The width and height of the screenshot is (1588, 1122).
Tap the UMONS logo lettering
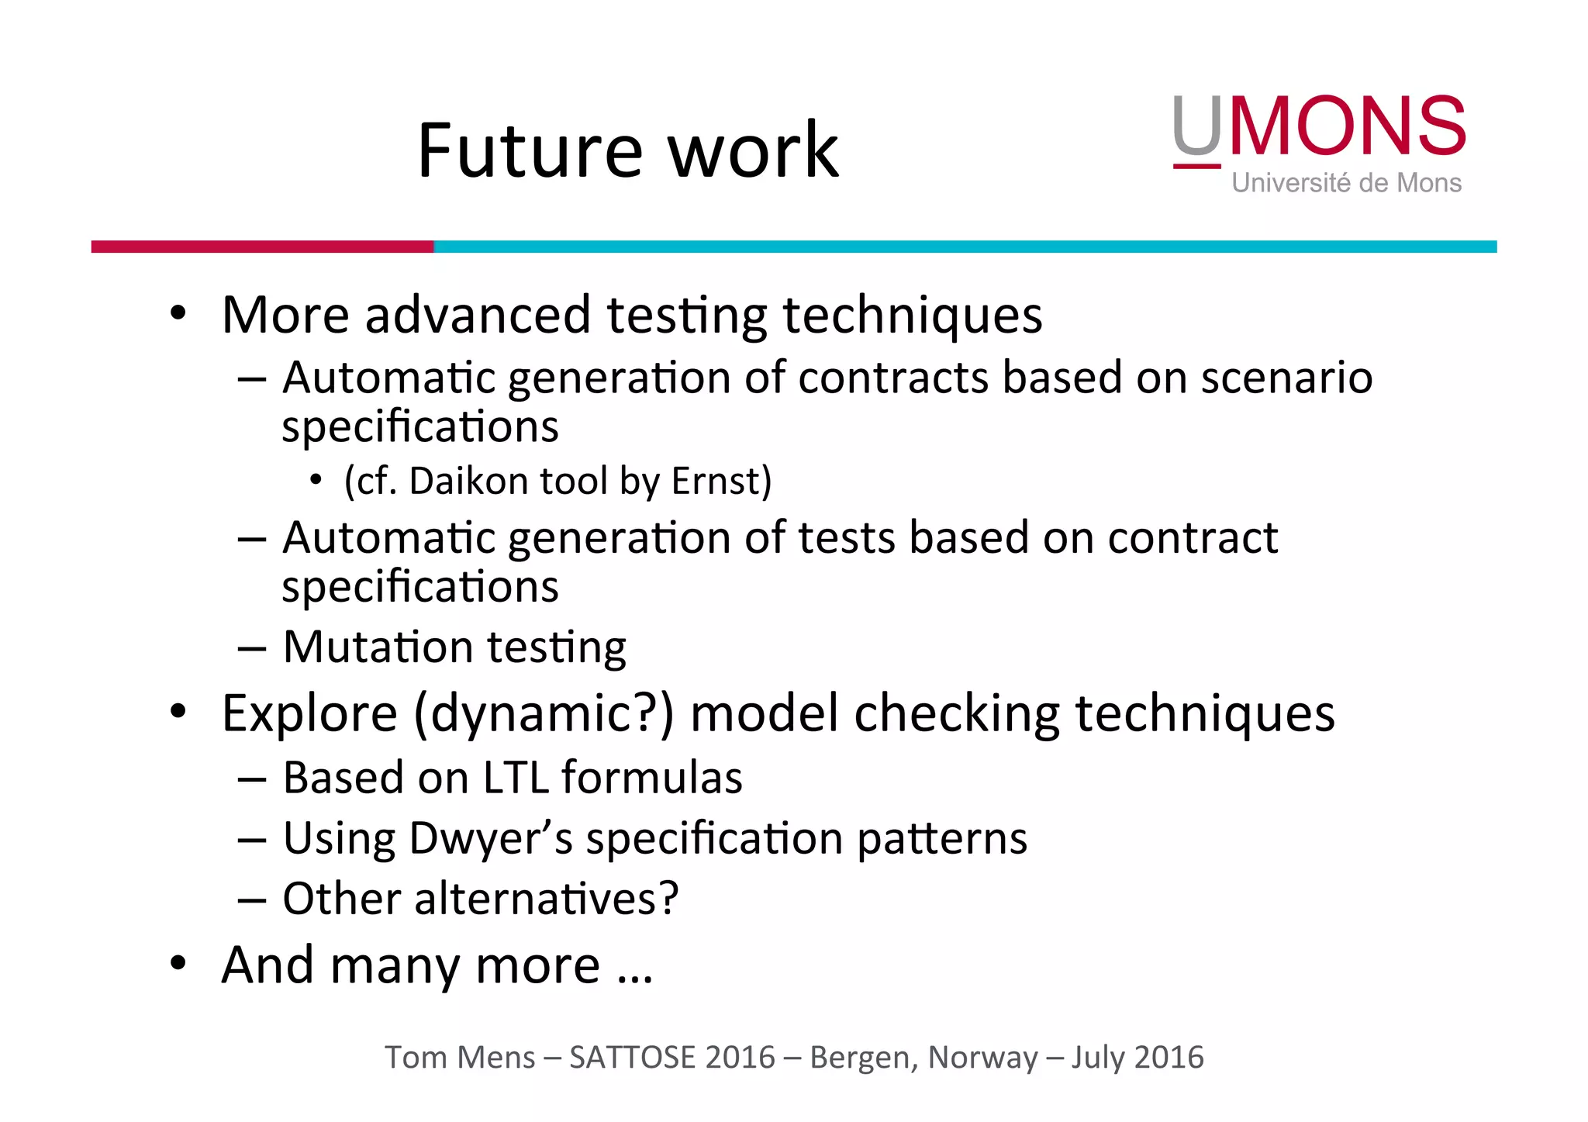click(x=1319, y=126)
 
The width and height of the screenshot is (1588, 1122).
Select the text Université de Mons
click(x=1346, y=183)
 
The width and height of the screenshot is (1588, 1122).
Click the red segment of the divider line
click(x=262, y=247)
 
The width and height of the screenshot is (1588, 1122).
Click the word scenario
click(x=1286, y=378)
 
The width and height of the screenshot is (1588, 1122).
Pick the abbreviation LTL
click(x=516, y=778)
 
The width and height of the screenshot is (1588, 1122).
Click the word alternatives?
click(x=547, y=899)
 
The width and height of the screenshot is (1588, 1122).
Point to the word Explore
click(x=309, y=713)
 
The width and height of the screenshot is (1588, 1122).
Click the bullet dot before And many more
click(x=178, y=964)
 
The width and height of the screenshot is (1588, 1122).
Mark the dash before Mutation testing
click(x=252, y=648)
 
